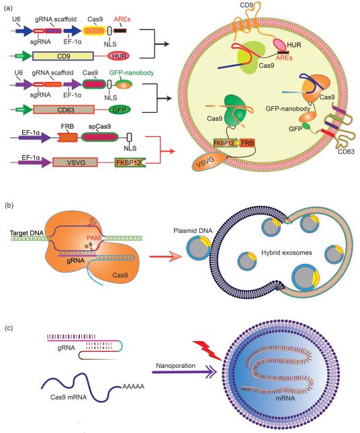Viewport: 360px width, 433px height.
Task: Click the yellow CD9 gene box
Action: (x=63, y=56)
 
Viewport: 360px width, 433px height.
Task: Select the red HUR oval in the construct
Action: (x=119, y=56)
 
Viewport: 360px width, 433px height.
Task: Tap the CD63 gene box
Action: (x=64, y=109)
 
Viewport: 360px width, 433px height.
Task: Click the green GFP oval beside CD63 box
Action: (x=120, y=109)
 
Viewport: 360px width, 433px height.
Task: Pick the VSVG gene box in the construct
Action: (x=75, y=162)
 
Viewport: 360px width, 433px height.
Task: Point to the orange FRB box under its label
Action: (x=68, y=137)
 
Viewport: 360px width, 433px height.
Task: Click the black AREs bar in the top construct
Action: (x=120, y=31)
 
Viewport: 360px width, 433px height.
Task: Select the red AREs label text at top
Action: (x=122, y=19)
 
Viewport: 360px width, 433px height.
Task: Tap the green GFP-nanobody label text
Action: (x=132, y=73)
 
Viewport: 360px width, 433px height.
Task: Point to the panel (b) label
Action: (x=9, y=205)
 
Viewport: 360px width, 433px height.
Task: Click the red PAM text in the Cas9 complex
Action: (x=93, y=238)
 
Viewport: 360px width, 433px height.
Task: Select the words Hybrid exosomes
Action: (x=287, y=252)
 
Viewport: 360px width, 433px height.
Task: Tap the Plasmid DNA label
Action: (x=193, y=230)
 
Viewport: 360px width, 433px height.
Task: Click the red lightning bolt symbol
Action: (x=208, y=350)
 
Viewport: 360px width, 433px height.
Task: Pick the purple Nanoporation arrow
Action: (x=185, y=373)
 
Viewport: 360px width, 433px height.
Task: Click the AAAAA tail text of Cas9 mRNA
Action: (x=133, y=386)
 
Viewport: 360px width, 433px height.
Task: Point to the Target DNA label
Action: (x=27, y=233)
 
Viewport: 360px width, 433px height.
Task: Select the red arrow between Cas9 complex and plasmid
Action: (x=166, y=256)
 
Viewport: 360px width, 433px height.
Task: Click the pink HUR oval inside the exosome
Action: (x=279, y=45)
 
